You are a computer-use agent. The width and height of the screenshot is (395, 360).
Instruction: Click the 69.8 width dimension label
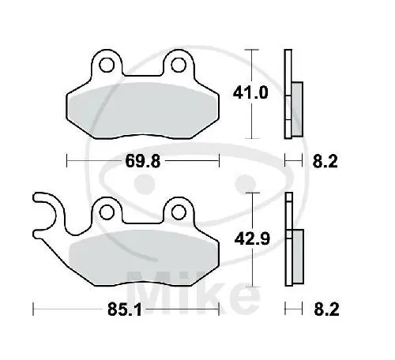coord(144,162)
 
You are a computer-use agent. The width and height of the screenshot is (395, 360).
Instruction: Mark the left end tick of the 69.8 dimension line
coord(66,162)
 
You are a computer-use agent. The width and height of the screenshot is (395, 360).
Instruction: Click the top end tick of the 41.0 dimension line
coord(251,49)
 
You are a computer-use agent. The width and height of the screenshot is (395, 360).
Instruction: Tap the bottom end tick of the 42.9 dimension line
coord(251,284)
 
